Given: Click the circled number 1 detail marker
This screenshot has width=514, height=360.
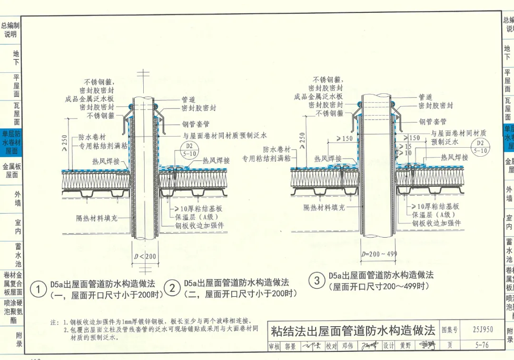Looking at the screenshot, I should pyautogui.click(x=38, y=289).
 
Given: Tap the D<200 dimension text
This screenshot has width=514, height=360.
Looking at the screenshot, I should pyautogui.click(x=145, y=257).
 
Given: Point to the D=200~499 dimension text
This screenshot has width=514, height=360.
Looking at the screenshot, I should pyautogui.click(x=379, y=254).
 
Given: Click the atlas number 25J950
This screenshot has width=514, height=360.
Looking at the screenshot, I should pyautogui.click(x=483, y=329).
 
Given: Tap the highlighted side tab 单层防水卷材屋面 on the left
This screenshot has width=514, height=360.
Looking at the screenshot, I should pyautogui.click(x=11, y=142).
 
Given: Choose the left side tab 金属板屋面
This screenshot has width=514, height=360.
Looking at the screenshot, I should pyautogui.click(x=11, y=170).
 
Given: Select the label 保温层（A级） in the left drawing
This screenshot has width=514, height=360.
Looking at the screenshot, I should pyautogui.click(x=195, y=217).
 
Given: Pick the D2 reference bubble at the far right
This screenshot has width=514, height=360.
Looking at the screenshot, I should pyautogui.click(x=480, y=147).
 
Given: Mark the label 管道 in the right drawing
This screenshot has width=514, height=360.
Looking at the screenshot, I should pyautogui.click(x=425, y=97).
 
